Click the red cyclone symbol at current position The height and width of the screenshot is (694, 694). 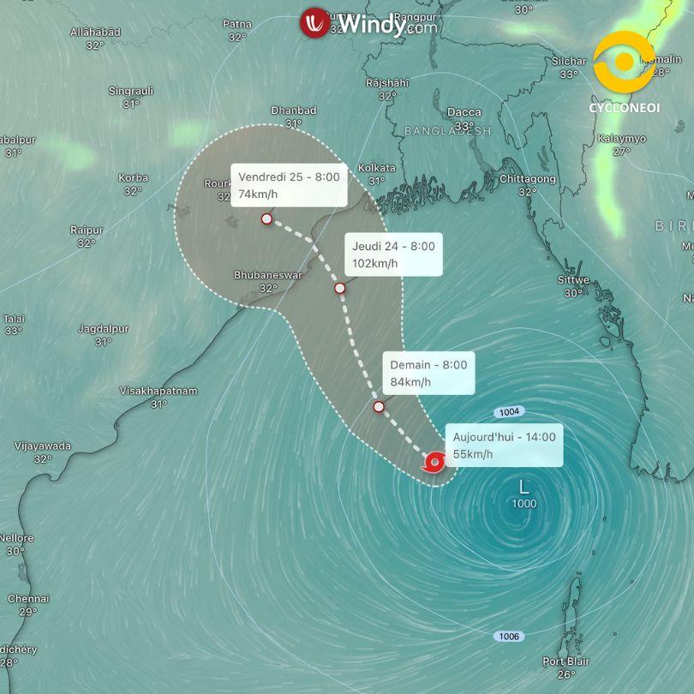(434, 464)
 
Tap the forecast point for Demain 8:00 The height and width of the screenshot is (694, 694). (379, 406)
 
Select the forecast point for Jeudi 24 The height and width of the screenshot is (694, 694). (340, 288)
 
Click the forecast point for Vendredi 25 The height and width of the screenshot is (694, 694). (267, 218)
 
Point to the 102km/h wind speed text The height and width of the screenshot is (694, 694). (375, 263)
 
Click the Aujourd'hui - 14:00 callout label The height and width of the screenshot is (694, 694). (504, 437)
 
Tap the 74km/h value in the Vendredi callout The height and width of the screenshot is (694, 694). (258, 194)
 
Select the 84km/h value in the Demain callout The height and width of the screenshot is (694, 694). (410, 382)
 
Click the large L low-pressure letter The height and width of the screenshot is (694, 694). (524, 487)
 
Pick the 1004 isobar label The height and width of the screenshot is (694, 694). (506, 411)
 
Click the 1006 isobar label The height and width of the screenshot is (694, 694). (507, 637)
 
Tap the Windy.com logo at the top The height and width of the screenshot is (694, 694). (368, 23)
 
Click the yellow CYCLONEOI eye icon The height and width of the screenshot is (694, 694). (625, 63)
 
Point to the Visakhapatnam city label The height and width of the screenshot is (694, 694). (159, 391)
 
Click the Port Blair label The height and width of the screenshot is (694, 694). (565, 661)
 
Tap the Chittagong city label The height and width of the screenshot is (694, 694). (527, 179)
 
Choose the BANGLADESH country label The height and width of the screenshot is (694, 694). (447, 131)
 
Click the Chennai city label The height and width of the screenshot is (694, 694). (28, 599)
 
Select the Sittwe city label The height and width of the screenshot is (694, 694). (573, 280)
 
